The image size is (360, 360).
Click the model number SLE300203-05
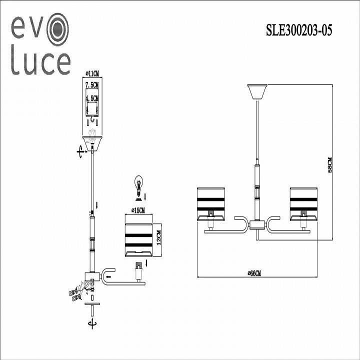[298, 31]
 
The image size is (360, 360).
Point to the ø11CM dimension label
[91, 73]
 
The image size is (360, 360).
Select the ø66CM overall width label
[255, 273]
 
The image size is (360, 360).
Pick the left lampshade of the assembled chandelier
[211, 203]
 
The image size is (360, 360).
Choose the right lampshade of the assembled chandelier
[303, 203]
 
